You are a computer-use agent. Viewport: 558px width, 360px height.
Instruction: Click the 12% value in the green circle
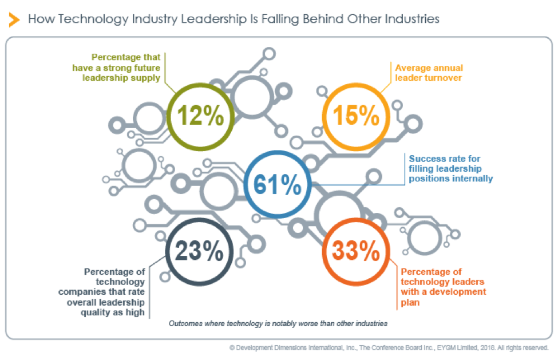pyautogui.click(x=200, y=116)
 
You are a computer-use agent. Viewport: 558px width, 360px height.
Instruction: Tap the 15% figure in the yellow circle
pyautogui.click(x=356, y=116)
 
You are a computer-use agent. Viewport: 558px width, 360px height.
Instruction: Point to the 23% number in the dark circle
pyautogui.click(x=199, y=251)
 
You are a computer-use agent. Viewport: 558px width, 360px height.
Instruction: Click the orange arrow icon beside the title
pyautogui.click(x=14, y=19)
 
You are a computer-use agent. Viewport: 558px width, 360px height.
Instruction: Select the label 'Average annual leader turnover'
pyautogui.click(x=429, y=72)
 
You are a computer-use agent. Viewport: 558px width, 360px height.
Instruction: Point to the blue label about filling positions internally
pyautogui.click(x=450, y=168)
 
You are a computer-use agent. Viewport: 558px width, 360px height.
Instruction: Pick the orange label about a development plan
pyautogui.click(x=444, y=287)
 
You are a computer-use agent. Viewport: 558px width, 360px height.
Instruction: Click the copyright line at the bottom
pyautogui.click(x=389, y=347)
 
